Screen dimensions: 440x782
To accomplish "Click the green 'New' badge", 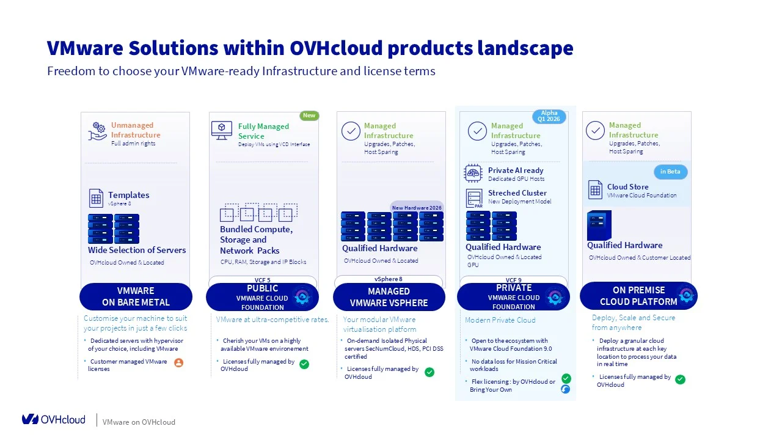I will [x=309, y=116].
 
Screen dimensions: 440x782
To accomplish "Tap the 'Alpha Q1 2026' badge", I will [x=549, y=116].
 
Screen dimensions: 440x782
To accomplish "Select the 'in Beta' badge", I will [x=670, y=172].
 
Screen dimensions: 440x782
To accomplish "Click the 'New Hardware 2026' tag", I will [x=417, y=208].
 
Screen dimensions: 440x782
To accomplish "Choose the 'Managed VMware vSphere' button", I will [x=389, y=297].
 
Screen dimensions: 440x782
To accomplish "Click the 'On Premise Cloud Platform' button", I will [x=638, y=296].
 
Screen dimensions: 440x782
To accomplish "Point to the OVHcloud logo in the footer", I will [x=54, y=419].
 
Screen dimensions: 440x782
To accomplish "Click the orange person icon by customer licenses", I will [x=178, y=362].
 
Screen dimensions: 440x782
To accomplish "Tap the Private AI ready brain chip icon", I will [x=473, y=174].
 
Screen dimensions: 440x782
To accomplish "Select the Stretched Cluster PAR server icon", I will [x=474, y=198].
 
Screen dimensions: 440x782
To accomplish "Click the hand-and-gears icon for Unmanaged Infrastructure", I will [x=98, y=131].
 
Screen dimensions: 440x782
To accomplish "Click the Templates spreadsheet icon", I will [x=97, y=198].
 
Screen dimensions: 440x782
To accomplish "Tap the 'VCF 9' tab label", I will [x=513, y=280].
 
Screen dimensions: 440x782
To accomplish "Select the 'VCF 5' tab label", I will [x=263, y=280].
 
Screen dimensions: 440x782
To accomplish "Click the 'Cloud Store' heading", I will [x=627, y=187].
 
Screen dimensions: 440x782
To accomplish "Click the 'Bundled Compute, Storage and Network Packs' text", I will [x=256, y=240].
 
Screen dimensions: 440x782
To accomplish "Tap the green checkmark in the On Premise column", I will [x=680, y=380].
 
